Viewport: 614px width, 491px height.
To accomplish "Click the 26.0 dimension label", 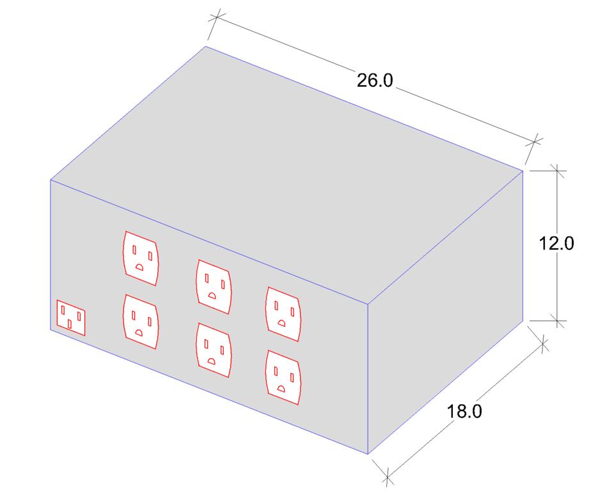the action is (x=375, y=81).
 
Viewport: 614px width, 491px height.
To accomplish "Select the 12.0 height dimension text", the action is (x=556, y=243).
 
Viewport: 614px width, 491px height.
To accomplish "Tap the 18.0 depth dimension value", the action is (x=464, y=411).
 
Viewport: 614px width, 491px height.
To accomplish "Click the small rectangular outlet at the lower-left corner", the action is (x=71, y=318).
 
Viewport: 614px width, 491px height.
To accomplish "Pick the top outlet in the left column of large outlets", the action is (x=141, y=258).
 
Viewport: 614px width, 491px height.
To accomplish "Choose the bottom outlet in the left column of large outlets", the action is (x=141, y=322).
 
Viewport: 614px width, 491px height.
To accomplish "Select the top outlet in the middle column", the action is (x=214, y=286).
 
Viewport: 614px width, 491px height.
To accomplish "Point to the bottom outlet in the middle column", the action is (x=214, y=350).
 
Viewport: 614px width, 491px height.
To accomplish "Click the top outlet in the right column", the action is (x=283, y=314).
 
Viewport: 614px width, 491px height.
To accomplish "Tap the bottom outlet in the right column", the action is (x=283, y=377).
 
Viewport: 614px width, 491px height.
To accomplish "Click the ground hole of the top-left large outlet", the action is (x=139, y=267).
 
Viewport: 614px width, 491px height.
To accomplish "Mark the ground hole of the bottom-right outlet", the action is (x=281, y=389).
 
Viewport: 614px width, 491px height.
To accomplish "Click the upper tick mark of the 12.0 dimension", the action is (x=557, y=171).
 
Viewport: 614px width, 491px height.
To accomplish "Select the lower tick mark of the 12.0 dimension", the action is (x=557, y=321).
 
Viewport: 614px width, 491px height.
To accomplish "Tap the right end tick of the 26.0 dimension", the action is (x=534, y=141).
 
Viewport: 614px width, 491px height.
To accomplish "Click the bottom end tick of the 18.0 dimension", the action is (x=388, y=478).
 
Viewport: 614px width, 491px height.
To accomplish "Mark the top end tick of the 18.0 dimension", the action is (x=543, y=344).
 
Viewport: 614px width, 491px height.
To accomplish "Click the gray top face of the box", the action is (x=287, y=175).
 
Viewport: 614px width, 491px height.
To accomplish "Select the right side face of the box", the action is (x=446, y=312).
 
